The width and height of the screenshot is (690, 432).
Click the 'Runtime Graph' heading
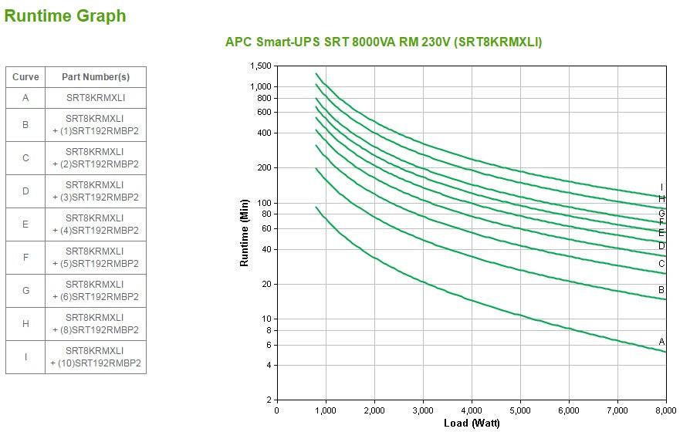(x=65, y=15)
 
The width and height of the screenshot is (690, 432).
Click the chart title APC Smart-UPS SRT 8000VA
(x=383, y=42)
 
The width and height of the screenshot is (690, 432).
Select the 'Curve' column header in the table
(x=25, y=77)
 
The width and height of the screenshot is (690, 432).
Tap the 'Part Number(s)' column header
(x=96, y=77)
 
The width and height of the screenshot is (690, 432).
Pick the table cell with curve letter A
(x=25, y=98)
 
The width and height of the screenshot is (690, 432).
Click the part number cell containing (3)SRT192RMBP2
(x=96, y=191)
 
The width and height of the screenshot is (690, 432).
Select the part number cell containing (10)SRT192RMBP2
(x=96, y=357)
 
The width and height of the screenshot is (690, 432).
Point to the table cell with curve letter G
(x=25, y=291)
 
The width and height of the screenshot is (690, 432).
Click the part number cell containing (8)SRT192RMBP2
(x=96, y=324)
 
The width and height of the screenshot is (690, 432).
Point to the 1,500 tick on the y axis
(x=261, y=66)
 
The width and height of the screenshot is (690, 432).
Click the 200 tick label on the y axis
(x=264, y=168)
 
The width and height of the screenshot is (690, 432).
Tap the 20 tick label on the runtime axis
(x=266, y=285)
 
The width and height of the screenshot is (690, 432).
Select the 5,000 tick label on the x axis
(x=519, y=410)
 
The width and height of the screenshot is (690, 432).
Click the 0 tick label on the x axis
(x=277, y=410)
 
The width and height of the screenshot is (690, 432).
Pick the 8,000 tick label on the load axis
(x=665, y=410)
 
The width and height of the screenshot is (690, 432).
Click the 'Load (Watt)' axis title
(x=472, y=423)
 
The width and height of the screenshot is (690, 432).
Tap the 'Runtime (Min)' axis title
(x=245, y=232)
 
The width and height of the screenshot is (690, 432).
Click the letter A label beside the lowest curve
(x=661, y=342)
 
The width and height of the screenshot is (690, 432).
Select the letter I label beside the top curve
(x=661, y=187)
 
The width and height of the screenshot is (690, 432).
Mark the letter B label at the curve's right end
(x=661, y=290)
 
